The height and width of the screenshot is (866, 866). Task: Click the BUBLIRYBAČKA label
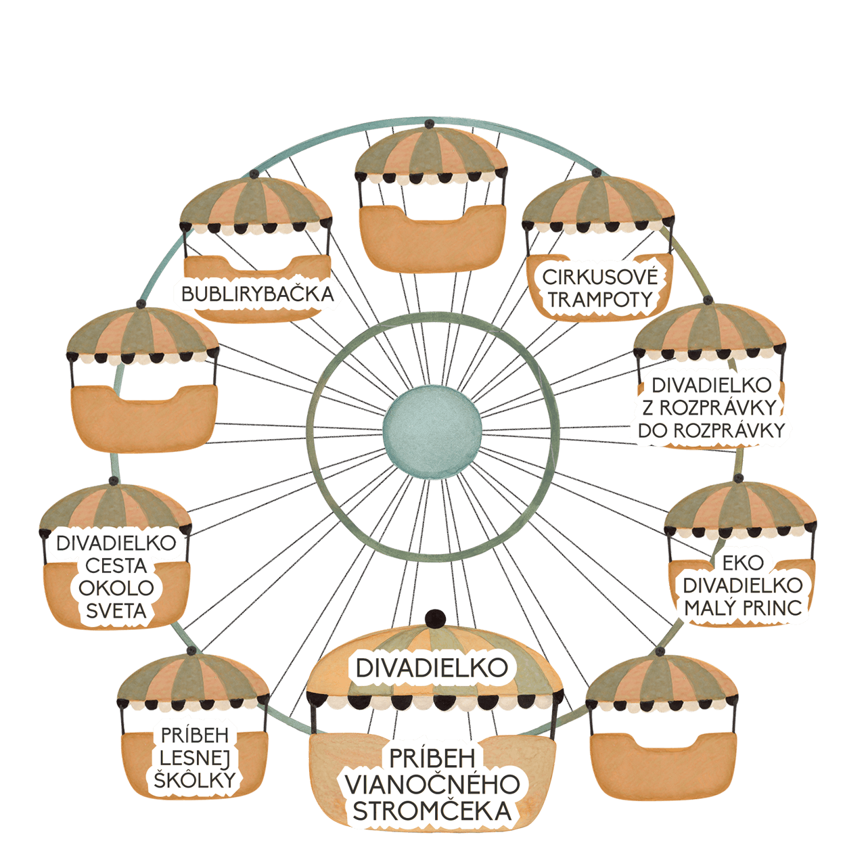coord(258,294)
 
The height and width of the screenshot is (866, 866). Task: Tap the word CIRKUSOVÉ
coord(599,277)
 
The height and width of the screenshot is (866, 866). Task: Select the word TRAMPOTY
coord(600,300)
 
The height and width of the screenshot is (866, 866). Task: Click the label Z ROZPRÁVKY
coord(710,407)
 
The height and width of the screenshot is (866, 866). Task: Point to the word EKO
coord(743,563)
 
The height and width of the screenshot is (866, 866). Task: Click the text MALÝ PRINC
coord(743,608)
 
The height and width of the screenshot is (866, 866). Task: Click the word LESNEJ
coord(195,758)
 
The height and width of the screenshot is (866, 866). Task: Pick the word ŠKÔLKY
coord(195,779)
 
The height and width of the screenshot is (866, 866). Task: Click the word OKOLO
coord(116,588)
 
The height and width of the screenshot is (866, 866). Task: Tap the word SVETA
coord(116,611)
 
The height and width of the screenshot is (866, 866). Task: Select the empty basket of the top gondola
coord(433,239)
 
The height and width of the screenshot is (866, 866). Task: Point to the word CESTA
coord(116,566)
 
